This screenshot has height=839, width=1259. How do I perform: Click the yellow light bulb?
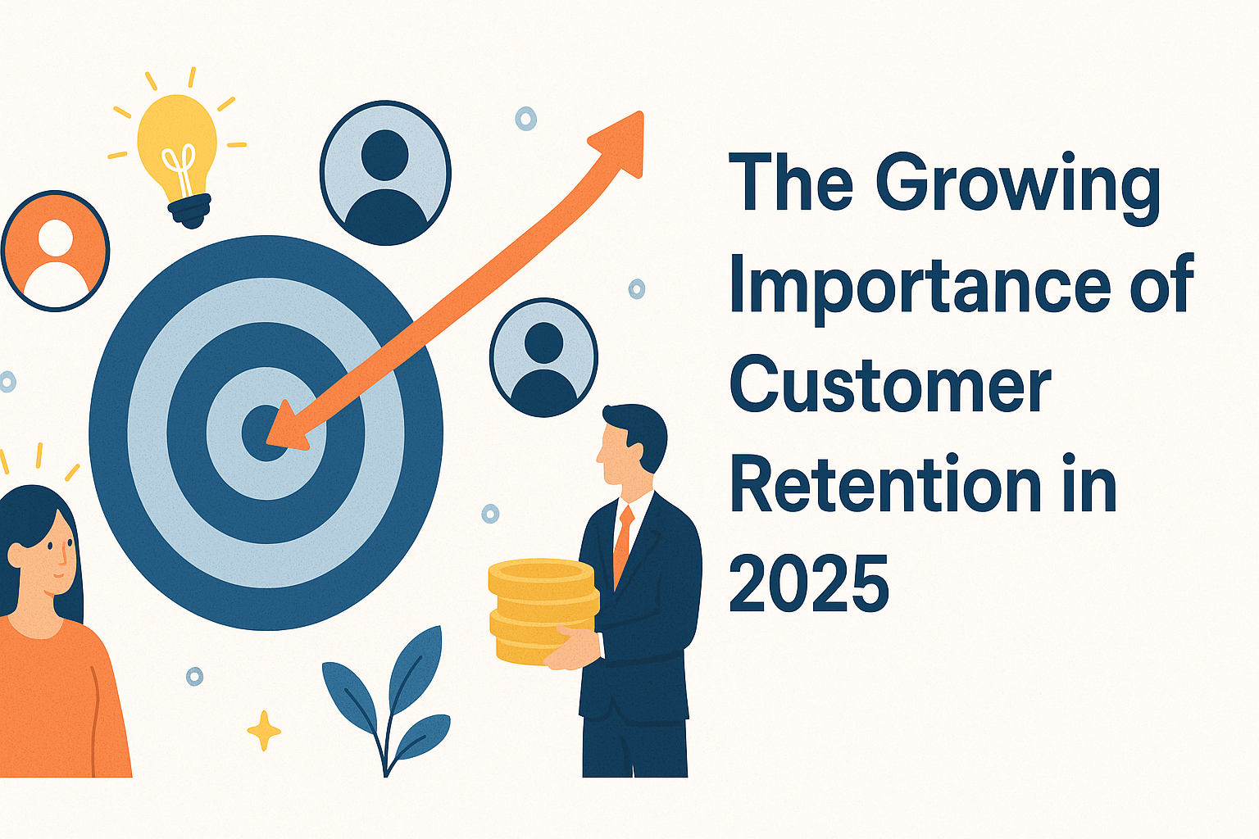(x=177, y=143)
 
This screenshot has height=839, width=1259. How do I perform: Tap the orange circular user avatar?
(x=55, y=251)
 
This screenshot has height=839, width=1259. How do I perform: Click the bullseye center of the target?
(x=264, y=432)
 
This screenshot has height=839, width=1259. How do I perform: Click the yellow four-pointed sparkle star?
(x=264, y=730)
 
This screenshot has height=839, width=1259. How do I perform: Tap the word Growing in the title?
(x=1017, y=185)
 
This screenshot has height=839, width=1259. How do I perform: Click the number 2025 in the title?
(x=808, y=583)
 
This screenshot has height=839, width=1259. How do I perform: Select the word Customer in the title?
(x=890, y=385)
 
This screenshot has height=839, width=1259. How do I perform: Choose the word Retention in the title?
(x=885, y=485)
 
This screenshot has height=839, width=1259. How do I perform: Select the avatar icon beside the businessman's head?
(x=543, y=357)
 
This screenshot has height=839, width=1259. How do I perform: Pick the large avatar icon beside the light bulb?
(x=385, y=173)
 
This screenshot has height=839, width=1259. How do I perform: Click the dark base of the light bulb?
(x=190, y=210)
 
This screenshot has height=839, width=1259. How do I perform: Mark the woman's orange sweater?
(x=57, y=705)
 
